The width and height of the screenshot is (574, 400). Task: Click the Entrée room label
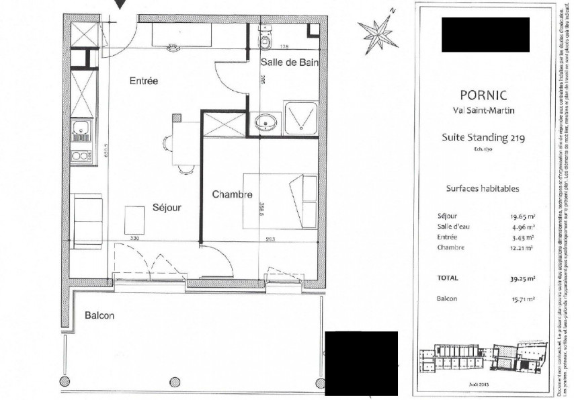pyautogui.click(x=143, y=81)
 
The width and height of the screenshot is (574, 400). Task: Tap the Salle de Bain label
pyautogui.click(x=288, y=63)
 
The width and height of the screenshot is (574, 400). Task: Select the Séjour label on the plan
pyautogui.click(x=166, y=208)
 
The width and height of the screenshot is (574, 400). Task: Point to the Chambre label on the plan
pyautogui.click(x=232, y=195)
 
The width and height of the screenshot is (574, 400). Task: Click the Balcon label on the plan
pyautogui.click(x=99, y=315)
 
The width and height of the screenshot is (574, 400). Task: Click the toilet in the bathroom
pyautogui.click(x=265, y=40)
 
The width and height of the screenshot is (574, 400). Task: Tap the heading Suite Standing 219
pyautogui.click(x=483, y=138)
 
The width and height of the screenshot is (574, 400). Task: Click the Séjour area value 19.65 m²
pyautogui.click(x=522, y=216)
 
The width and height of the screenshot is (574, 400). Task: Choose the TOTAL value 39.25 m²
pyautogui.click(x=521, y=277)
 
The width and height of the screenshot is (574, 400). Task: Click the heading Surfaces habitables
pyautogui.click(x=483, y=189)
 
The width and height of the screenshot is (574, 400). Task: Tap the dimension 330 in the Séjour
pyautogui.click(x=134, y=238)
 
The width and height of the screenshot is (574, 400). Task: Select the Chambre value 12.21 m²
pyautogui.click(x=522, y=248)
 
